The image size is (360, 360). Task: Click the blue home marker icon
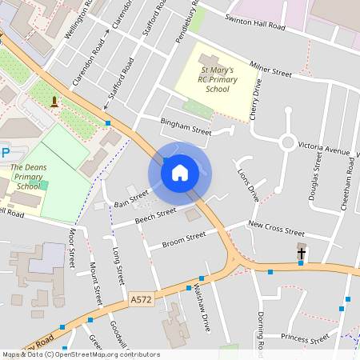pyautogui.click(x=180, y=172)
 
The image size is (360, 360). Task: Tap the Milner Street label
pyautogui.click(x=270, y=71)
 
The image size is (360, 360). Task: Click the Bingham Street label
pyautogui.click(x=186, y=126)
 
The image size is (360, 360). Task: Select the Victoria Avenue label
pyautogui.click(x=324, y=150)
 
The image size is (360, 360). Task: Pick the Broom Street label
pyautogui.click(x=183, y=238)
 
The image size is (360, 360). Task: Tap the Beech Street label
pyautogui.click(x=155, y=214)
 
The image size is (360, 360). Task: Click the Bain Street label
pyautogui.click(x=131, y=198)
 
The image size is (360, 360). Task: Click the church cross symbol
pyautogui.click(x=302, y=253)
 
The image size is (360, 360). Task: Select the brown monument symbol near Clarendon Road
pyautogui.click(x=54, y=101)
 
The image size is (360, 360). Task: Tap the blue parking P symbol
pyautogui.click(x=6, y=152)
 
